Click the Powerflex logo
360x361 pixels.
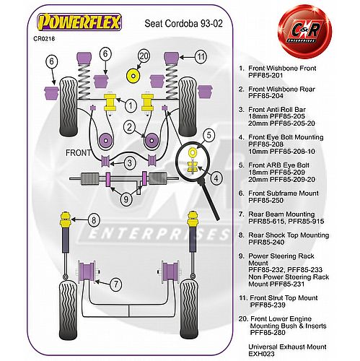pyautogui.click(x=79, y=22)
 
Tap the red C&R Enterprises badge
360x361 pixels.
pyautogui.click(x=304, y=32)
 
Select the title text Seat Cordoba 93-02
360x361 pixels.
pyautogui.click(x=183, y=24)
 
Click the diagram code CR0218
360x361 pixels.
pyautogui.click(x=44, y=38)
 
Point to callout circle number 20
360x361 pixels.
pyautogui.click(x=144, y=56)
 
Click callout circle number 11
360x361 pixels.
pyautogui.click(x=201, y=57)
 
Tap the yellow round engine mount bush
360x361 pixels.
pyautogui.click(x=133, y=76)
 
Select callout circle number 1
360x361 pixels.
pyautogui.click(x=131, y=105)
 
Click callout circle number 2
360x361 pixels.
pyautogui.click(x=130, y=127)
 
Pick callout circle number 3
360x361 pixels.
pyautogui.click(x=130, y=163)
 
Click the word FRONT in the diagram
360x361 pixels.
pyautogui.click(x=78, y=152)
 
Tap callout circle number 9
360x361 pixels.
pyautogui.click(x=126, y=199)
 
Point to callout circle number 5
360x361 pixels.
pyautogui.click(x=208, y=135)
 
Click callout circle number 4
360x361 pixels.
pyautogui.click(x=216, y=178)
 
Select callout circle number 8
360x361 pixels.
pyautogui.click(x=94, y=220)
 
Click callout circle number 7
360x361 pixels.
pyautogui.click(x=116, y=284)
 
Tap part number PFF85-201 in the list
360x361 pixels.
pyautogui.click(x=265, y=75)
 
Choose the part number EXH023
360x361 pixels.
pyautogui.click(x=261, y=354)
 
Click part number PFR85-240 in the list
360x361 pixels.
pyautogui.click(x=266, y=242)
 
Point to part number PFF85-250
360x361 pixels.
pyautogui.click(x=265, y=200)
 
